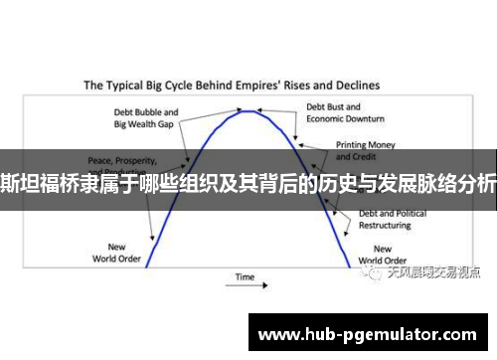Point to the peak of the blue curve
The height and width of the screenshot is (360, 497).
[x=248, y=111]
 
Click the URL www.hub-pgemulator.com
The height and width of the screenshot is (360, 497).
[x=367, y=334]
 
